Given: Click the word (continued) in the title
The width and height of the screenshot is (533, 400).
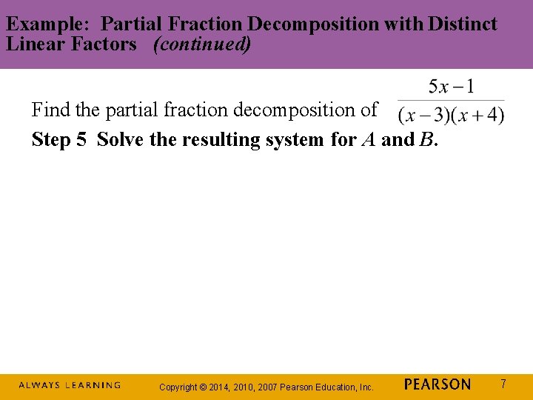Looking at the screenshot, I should (x=202, y=44).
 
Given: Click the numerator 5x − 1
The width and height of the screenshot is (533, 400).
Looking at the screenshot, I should (x=452, y=87).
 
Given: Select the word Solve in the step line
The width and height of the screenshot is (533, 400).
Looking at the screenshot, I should (x=121, y=140).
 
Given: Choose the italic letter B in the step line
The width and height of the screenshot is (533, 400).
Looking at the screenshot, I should (x=426, y=140).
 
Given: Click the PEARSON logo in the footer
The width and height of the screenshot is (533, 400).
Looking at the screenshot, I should (x=438, y=384).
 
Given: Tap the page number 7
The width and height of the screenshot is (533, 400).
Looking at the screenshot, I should (x=503, y=384).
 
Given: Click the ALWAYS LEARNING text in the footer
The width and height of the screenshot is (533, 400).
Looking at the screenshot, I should (x=70, y=385).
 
